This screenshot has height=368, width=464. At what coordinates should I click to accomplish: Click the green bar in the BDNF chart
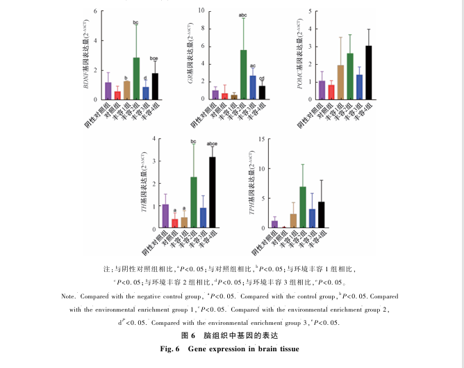click(x=137, y=79)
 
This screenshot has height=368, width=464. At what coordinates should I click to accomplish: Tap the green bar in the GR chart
click(x=244, y=75)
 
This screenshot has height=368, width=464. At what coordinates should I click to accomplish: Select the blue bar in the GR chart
click(x=253, y=88)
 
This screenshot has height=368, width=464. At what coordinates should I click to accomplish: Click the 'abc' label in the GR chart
click(x=243, y=15)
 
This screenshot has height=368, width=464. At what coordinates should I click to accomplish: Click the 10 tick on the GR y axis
click(x=200, y=11)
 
